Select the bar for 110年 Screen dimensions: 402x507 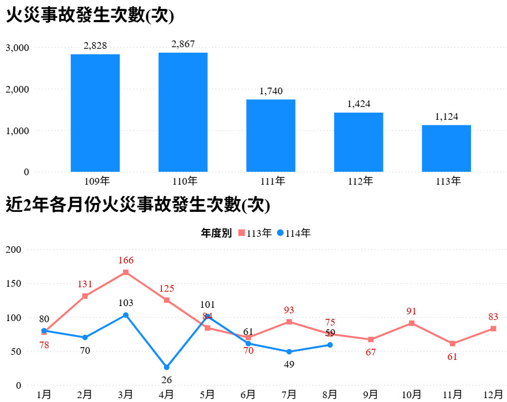(x=183, y=112)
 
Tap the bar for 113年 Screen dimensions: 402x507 (x=446, y=148)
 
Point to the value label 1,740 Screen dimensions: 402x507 (x=271, y=91)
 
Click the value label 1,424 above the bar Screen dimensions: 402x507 (x=359, y=104)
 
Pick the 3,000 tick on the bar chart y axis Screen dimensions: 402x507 (x=17, y=48)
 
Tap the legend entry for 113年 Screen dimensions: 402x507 (x=255, y=233)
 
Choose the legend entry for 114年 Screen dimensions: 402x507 (x=294, y=233)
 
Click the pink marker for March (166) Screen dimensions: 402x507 (x=126, y=272)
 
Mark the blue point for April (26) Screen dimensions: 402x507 (x=167, y=367)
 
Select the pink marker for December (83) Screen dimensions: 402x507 (x=493, y=329)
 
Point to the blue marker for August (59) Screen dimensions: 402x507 (x=330, y=345)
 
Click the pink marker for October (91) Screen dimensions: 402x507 (x=411, y=323)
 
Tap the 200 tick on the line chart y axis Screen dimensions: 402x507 (x=13, y=250)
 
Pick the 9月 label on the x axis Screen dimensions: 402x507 (x=371, y=394)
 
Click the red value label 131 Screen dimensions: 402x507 (x=85, y=284)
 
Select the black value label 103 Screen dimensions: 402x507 (x=126, y=303)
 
